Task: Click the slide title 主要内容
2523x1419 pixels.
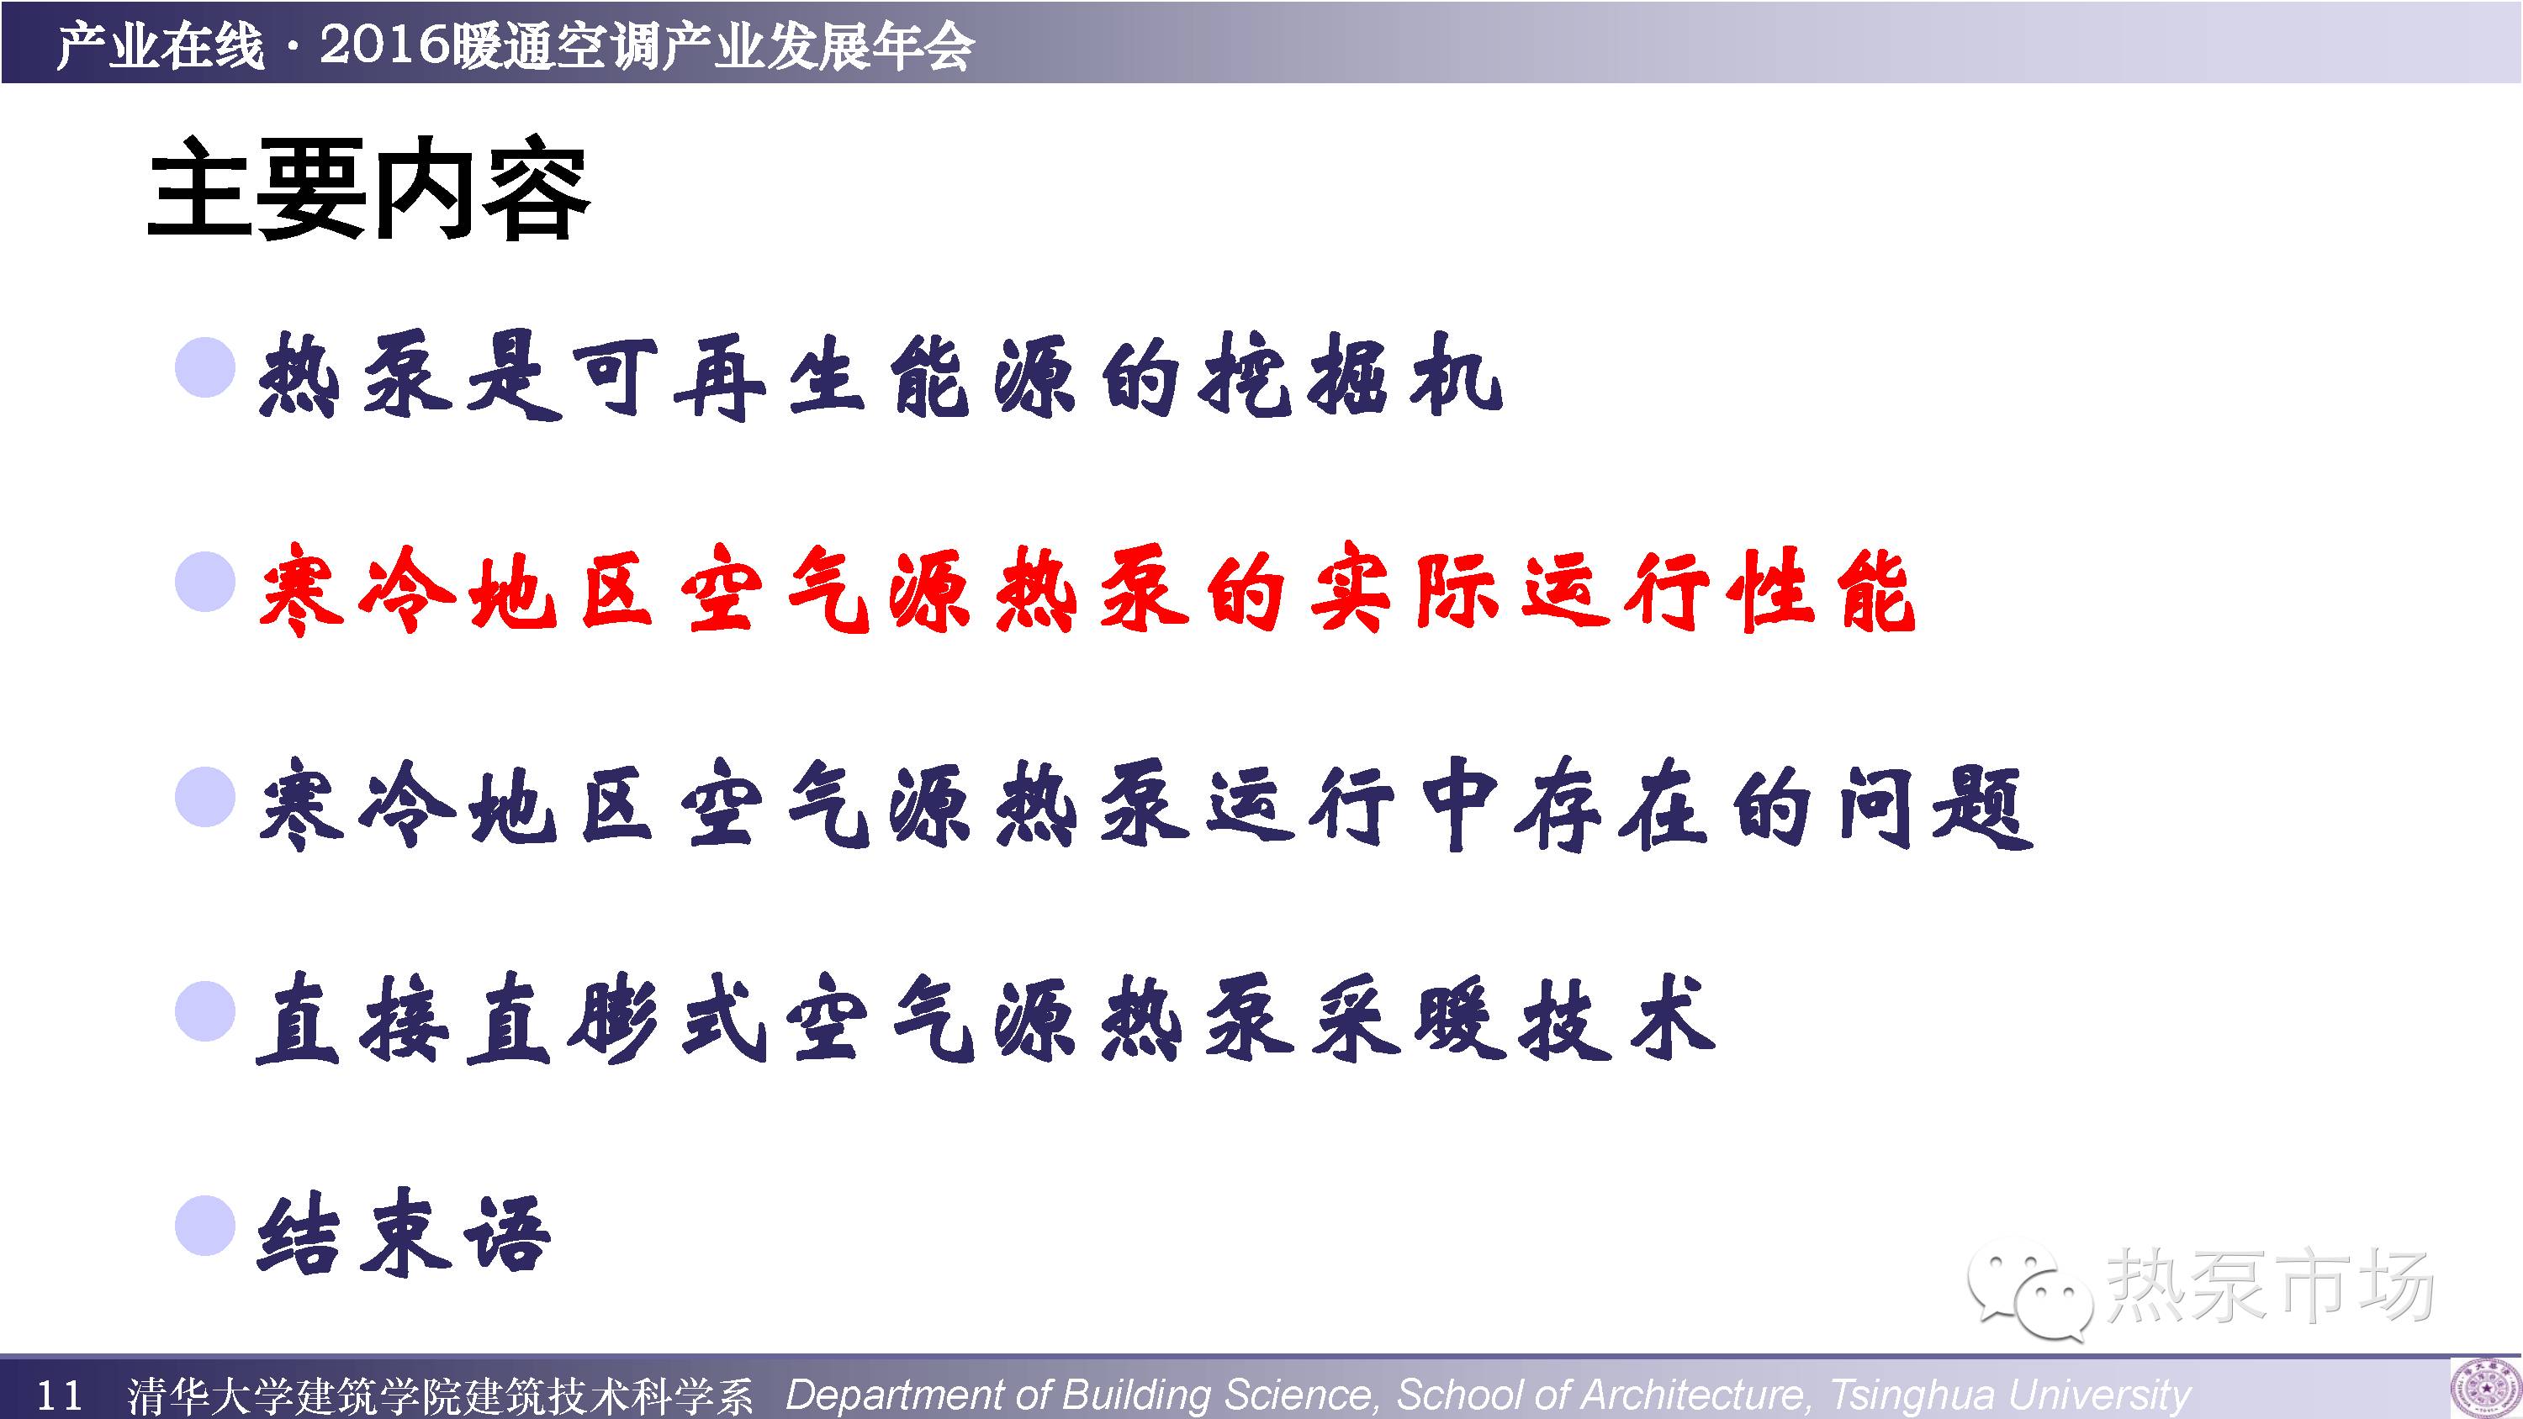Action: [x=368, y=190]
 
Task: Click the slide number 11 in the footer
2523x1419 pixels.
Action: [x=59, y=1395]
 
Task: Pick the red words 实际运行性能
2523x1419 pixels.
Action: [x=1612, y=589]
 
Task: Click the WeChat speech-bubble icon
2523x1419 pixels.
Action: [x=2028, y=1286]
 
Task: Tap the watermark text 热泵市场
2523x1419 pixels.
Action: [x=2268, y=1284]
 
